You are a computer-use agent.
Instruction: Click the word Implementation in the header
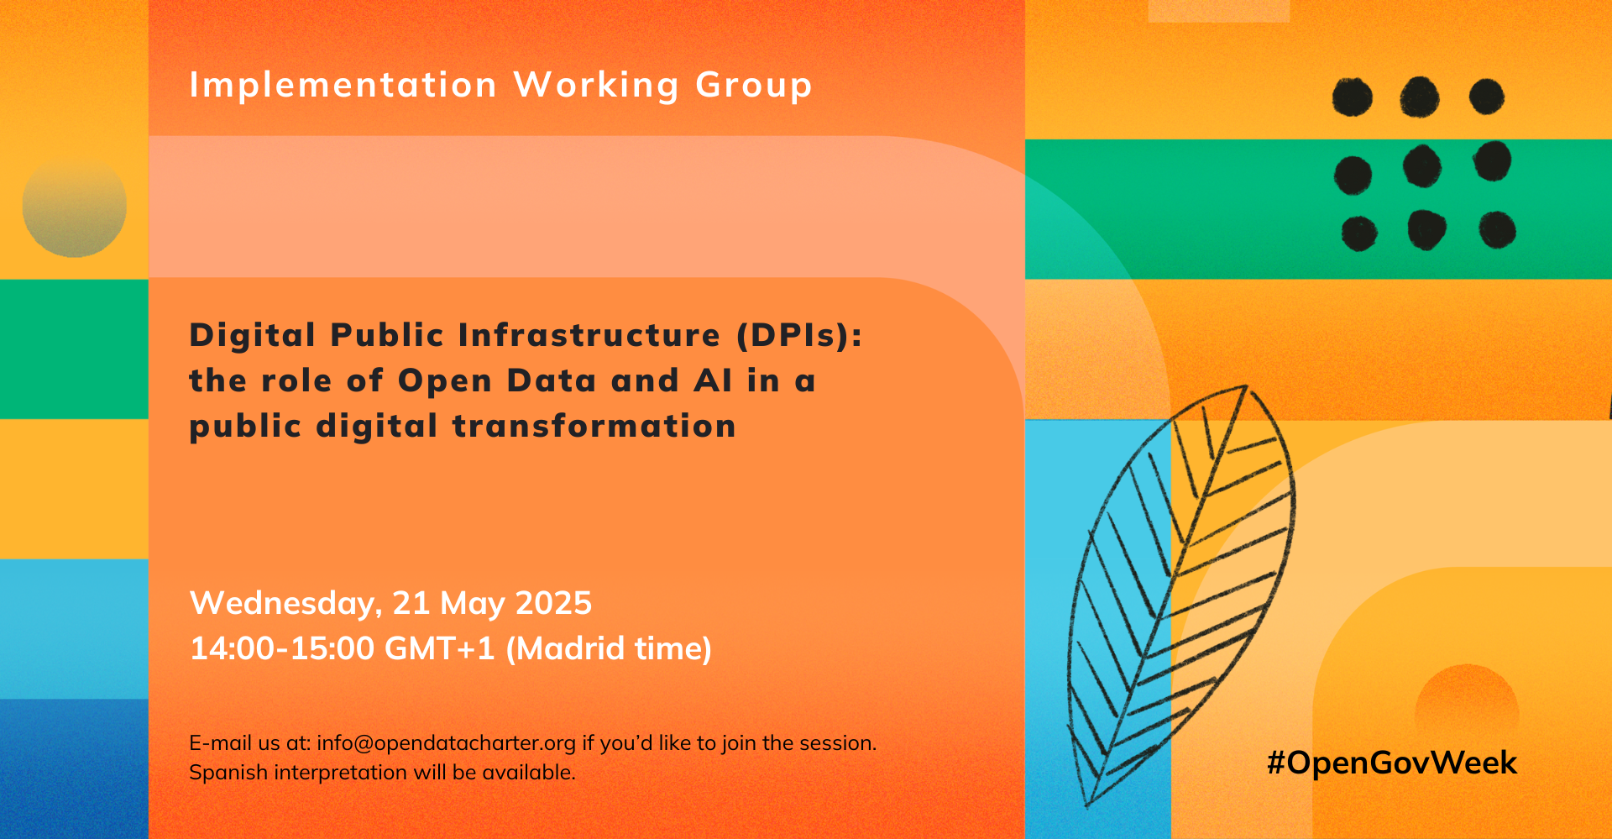point(343,85)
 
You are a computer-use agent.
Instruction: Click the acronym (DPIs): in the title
point(799,335)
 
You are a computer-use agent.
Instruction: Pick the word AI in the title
point(713,380)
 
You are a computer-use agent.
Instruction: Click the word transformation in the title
point(594,426)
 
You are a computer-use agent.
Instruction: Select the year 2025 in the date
point(553,603)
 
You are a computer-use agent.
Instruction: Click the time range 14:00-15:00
point(282,648)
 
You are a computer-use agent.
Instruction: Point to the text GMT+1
point(440,648)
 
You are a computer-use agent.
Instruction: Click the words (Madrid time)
point(609,649)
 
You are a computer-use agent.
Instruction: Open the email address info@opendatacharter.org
point(446,743)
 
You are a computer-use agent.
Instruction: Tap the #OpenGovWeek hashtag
point(1392,763)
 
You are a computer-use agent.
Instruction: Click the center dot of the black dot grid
point(1421,165)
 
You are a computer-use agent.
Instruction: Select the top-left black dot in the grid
point(1353,97)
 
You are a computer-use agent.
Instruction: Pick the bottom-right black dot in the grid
point(1497,230)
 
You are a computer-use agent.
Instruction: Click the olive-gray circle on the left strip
point(75,206)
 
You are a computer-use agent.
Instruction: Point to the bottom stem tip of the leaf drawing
point(1087,807)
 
